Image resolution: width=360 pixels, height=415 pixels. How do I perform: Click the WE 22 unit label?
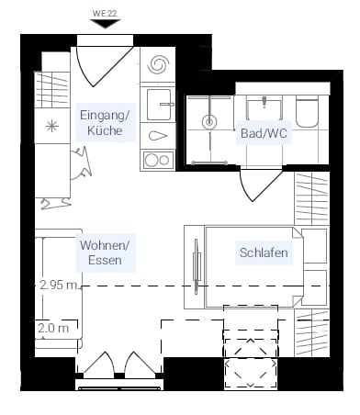click(105, 13)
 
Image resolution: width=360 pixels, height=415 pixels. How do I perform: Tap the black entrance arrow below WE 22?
click(105, 23)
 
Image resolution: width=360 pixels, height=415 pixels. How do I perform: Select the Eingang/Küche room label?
click(105, 123)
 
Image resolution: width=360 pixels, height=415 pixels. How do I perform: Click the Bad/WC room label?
click(264, 133)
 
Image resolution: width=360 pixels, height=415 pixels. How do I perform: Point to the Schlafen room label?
click(264, 252)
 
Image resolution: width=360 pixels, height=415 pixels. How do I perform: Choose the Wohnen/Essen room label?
click(105, 252)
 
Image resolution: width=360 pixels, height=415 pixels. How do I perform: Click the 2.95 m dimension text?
click(58, 285)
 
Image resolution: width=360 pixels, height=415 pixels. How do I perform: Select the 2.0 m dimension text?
click(53, 328)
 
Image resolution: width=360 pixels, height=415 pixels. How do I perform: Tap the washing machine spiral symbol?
click(158, 64)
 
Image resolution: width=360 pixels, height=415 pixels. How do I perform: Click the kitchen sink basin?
click(159, 105)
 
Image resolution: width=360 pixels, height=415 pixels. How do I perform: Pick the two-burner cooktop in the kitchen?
click(158, 160)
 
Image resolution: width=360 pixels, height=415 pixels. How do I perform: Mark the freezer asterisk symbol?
click(51, 126)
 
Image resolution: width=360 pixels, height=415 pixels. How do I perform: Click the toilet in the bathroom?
click(308, 113)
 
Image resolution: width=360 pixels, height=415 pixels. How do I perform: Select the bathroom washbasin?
click(264, 108)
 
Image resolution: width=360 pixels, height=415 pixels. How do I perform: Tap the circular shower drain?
click(209, 122)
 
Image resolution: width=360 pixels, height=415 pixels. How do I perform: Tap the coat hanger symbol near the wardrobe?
click(55, 204)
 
